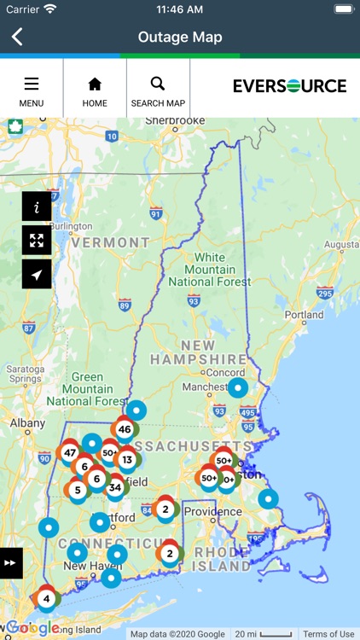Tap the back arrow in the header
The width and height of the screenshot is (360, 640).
pyautogui.click(x=17, y=37)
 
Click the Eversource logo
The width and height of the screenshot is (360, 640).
pyautogui.click(x=289, y=86)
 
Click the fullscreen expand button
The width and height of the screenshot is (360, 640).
pyautogui.click(x=37, y=241)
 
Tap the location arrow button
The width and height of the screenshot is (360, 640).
pyautogui.click(x=37, y=274)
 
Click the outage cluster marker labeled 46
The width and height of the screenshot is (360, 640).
pyautogui.click(x=125, y=429)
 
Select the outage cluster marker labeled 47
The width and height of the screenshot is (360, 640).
pyautogui.click(x=70, y=452)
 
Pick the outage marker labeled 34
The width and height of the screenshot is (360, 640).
pyautogui.click(x=115, y=488)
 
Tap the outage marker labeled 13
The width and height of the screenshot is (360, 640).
pyautogui.click(x=127, y=460)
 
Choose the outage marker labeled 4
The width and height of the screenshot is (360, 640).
pyautogui.click(x=46, y=598)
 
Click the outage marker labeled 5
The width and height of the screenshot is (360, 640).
pyautogui.click(x=78, y=491)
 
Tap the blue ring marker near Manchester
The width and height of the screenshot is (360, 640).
pyautogui.click(x=238, y=388)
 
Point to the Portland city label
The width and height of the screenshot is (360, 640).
pyautogui.click(x=304, y=315)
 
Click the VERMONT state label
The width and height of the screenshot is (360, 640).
pyautogui.click(x=110, y=242)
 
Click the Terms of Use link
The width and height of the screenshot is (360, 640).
pyautogui.click(x=328, y=634)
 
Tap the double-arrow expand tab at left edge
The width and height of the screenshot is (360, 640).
pyautogui.click(x=10, y=563)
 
